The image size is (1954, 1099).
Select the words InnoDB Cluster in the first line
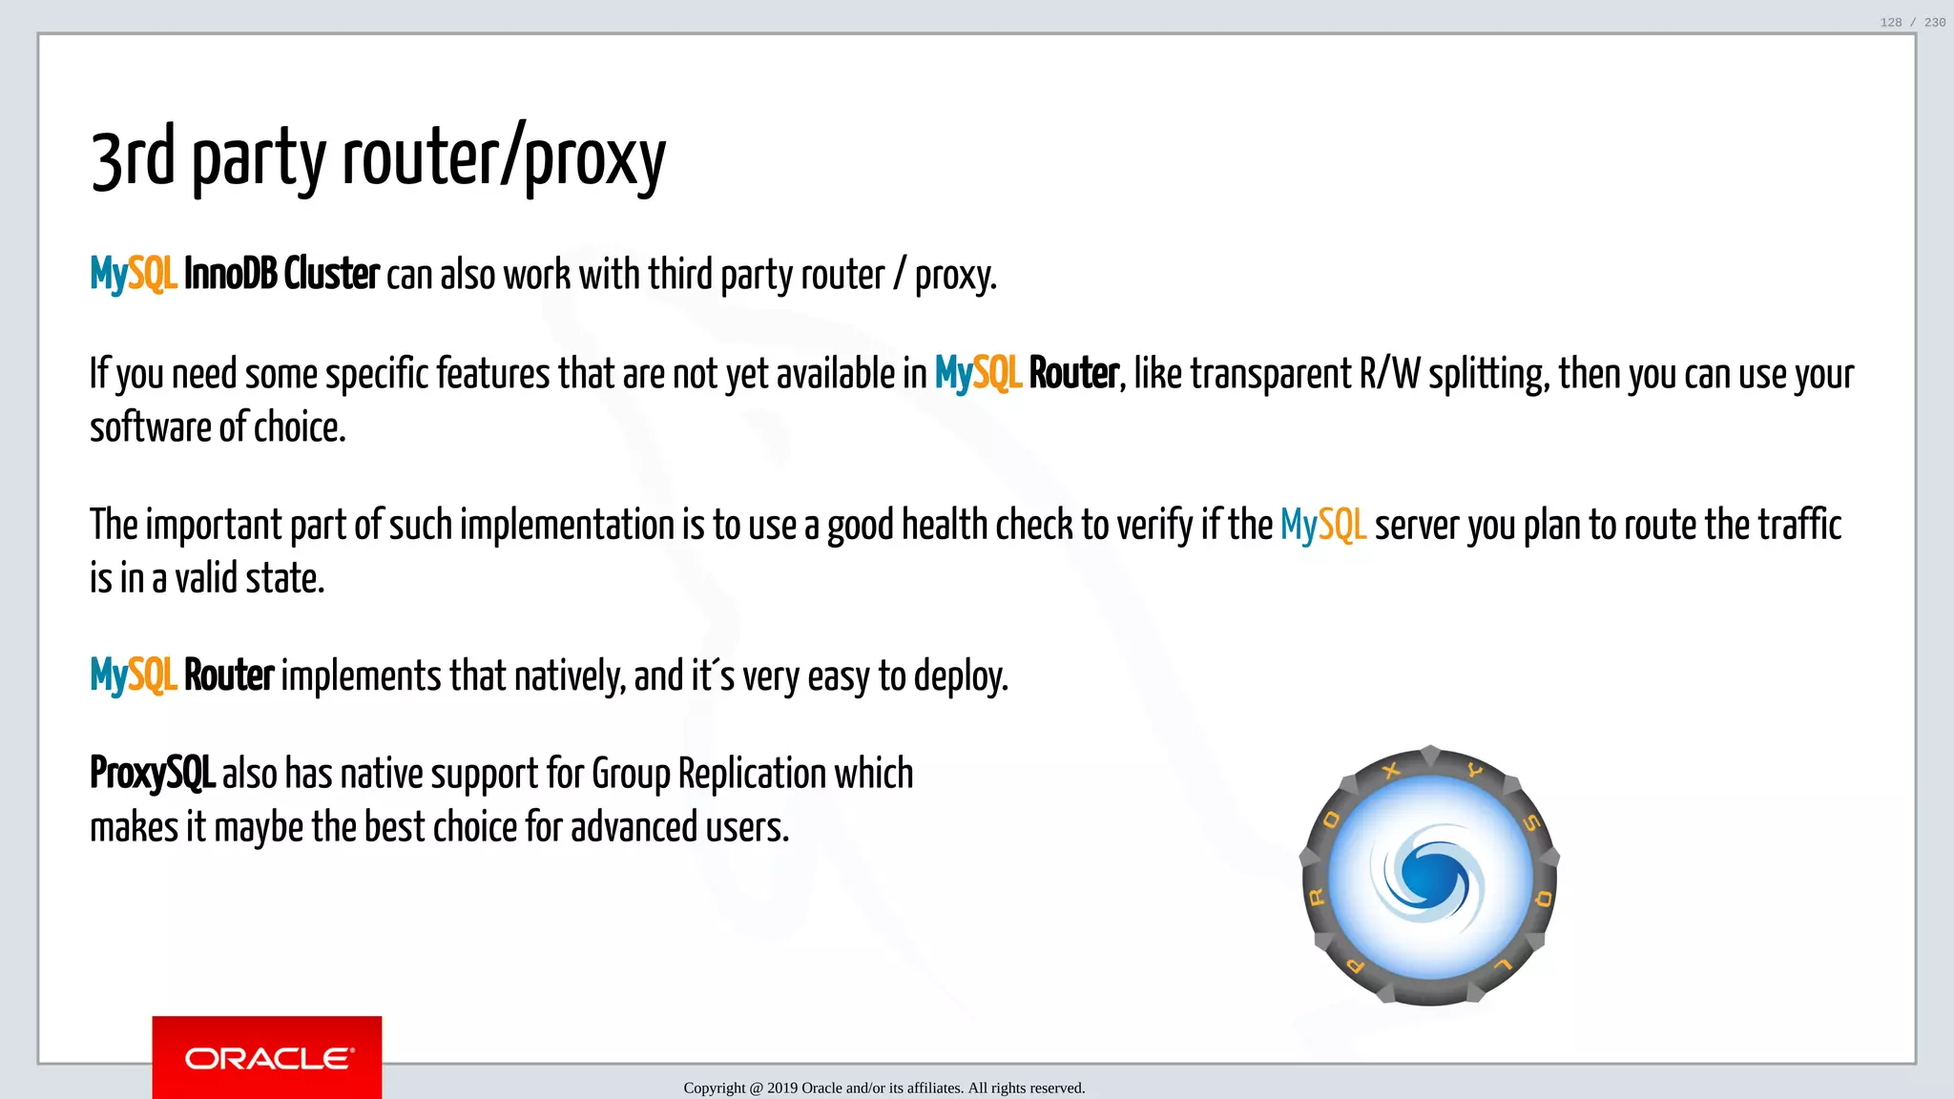281,275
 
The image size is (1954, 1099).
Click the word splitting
1488,375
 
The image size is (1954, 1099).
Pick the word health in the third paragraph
944,526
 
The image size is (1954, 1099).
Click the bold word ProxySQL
152,774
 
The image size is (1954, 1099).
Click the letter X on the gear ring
1392,770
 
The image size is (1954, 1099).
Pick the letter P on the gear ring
1355,965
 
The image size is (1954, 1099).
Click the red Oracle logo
267,1057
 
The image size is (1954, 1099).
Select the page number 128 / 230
1912,22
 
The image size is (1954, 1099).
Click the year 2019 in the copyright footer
782,1089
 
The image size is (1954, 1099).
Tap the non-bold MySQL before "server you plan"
1322,526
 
